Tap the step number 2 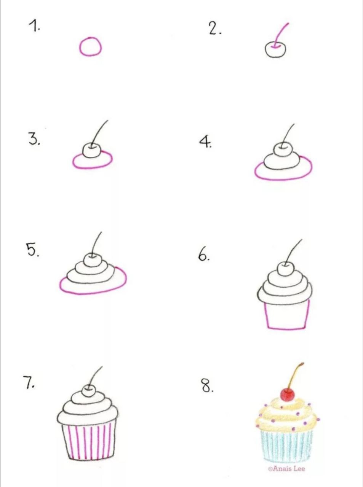click(x=214, y=29)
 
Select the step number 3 click(x=34, y=138)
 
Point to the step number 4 click(x=205, y=142)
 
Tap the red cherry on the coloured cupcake click(x=287, y=395)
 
